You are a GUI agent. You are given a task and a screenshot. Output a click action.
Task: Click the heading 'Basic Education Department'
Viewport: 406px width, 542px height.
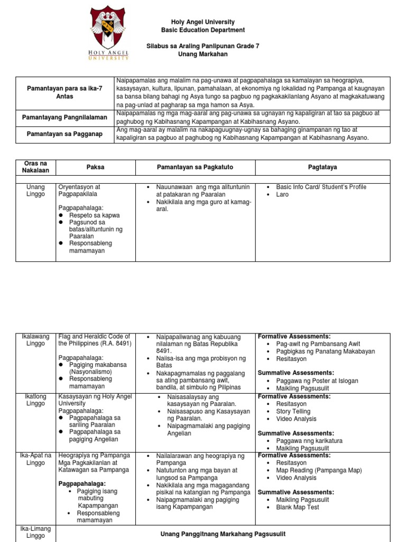click(203, 30)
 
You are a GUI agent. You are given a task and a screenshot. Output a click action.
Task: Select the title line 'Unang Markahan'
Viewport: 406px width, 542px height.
click(203, 55)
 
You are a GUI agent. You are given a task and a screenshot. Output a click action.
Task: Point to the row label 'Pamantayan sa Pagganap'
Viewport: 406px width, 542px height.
click(65, 134)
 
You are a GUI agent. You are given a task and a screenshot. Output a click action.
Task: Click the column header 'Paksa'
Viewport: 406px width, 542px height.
click(96, 167)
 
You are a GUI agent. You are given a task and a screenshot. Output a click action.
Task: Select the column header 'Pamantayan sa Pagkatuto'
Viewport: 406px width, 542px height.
click(195, 167)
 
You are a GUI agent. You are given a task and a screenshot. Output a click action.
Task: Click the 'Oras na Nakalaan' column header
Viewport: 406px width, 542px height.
click(35, 167)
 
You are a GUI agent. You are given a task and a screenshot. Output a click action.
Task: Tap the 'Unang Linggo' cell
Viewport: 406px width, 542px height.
click(35, 191)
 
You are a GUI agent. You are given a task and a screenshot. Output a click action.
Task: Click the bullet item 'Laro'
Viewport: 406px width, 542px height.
click(283, 195)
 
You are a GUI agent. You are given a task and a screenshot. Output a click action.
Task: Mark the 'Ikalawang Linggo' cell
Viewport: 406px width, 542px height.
click(35, 340)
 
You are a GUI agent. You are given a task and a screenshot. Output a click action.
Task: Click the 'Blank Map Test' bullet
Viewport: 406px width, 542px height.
click(298, 507)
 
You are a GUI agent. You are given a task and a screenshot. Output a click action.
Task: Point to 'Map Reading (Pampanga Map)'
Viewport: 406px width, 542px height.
click(319, 470)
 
